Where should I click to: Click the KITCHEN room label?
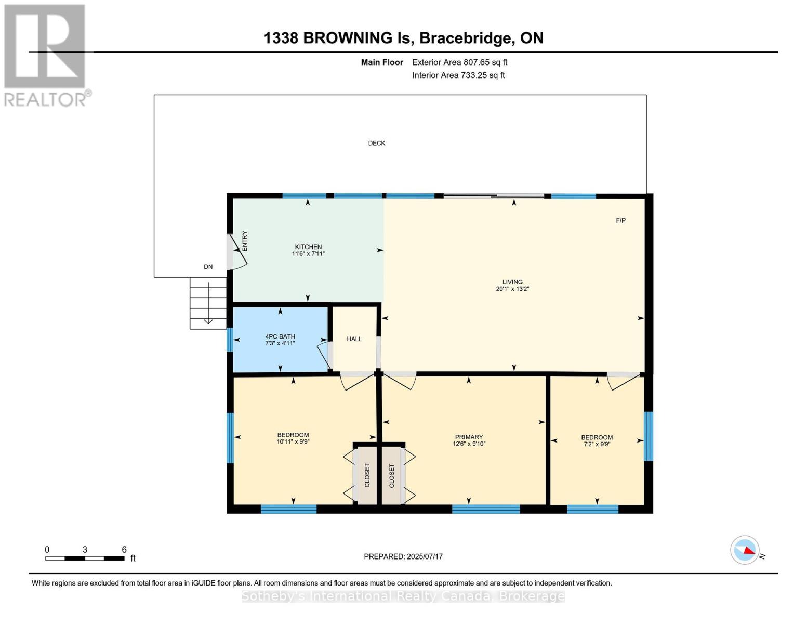coord(308,247)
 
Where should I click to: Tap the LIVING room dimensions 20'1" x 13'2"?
coord(512,289)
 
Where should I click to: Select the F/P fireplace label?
coord(620,220)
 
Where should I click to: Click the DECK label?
coord(376,143)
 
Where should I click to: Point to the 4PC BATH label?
coord(280,336)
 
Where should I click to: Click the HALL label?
coord(354,339)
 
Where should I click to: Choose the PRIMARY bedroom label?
coord(469,437)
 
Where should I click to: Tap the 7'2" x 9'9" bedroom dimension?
coord(597,445)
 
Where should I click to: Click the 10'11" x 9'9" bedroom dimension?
coord(293,442)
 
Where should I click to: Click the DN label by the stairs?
coord(208,267)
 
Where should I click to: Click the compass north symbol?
coord(745,550)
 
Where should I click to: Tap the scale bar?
coord(85,558)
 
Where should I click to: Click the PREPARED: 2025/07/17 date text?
coord(403,556)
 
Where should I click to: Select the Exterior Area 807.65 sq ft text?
coord(459,62)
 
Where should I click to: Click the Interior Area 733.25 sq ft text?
coord(458,75)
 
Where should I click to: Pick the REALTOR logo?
coord(46,55)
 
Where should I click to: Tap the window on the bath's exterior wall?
coord(230,340)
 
